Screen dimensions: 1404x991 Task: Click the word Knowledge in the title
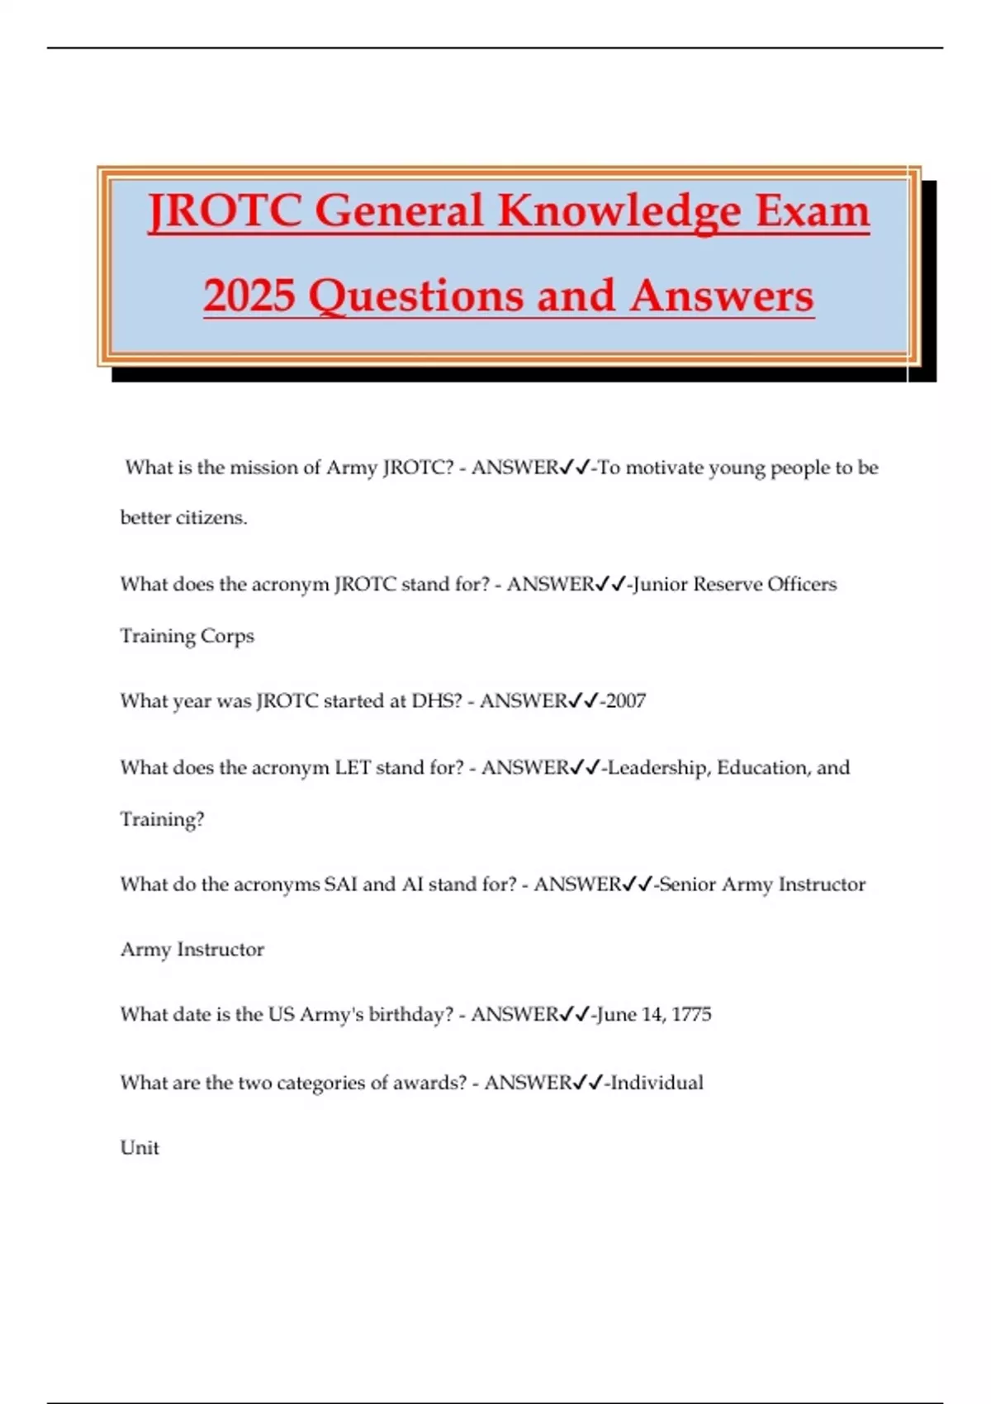pos(619,211)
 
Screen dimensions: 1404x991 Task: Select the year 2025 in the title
pos(249,296)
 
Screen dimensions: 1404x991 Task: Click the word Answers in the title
pos(721,296)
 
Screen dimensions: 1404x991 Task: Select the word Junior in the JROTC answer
pos(660,585)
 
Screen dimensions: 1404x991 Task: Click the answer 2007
pos(626,701)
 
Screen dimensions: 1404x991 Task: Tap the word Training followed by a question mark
pos(162,819)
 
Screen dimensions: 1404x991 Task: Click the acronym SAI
pos(340,885)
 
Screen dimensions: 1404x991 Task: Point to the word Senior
pos(688,885)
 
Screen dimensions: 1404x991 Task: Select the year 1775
pos(691,1014)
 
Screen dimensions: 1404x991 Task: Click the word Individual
pos(657,1083)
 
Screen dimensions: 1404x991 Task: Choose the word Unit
pos(140,1148)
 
